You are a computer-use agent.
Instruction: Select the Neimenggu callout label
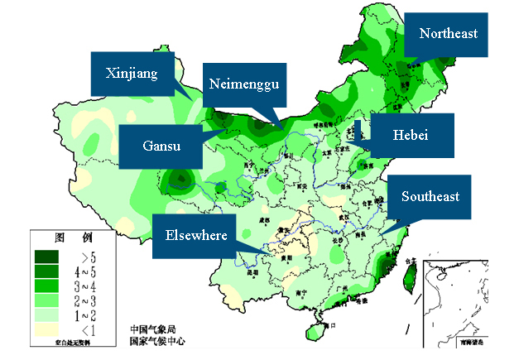(243, 84)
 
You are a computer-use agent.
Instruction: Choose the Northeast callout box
(448, 34)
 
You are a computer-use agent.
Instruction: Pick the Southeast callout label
(430, 196)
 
